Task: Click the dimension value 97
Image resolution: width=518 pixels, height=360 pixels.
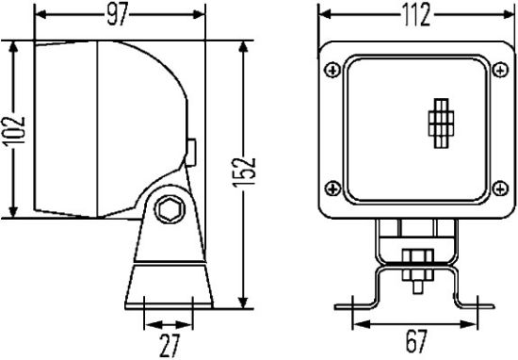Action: pyautogui.click(x=119, y=14)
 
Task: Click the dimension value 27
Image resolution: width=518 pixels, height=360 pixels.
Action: pyautogui.click(x=169, y=344)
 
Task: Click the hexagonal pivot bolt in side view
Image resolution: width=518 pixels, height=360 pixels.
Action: pyautogui.click(x=170, y=209)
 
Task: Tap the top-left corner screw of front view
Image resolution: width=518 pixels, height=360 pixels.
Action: pyautogui.click(x=332, y=69)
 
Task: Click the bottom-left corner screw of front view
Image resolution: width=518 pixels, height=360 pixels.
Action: pyautogui.click(x=332, y=187)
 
